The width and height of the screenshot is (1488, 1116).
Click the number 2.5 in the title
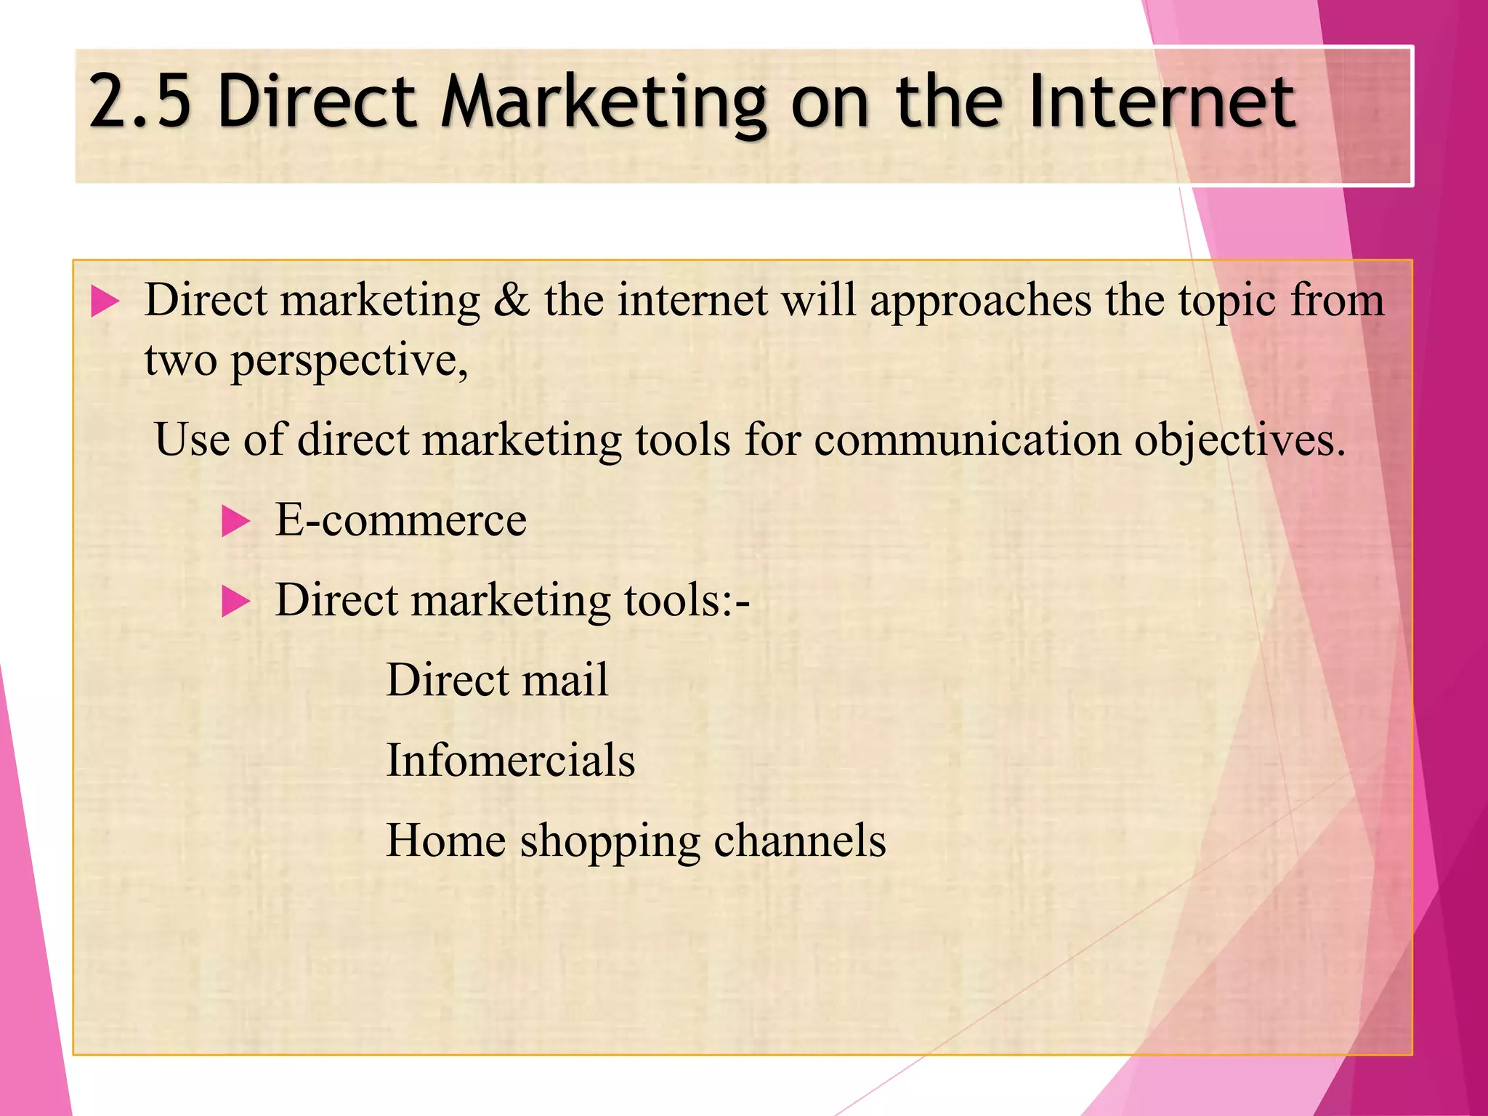click(139, 102)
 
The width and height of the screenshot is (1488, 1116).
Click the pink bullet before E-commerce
click(235, 521)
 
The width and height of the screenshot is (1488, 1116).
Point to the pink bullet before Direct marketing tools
click(235, 601)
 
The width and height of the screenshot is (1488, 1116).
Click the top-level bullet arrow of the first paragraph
click(105, 301)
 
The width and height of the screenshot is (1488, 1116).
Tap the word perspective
click(349, 361)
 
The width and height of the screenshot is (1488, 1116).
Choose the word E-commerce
click(400, 520)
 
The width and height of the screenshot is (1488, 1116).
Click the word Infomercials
click(510, 761)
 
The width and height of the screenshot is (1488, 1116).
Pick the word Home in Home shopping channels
click(445, 841)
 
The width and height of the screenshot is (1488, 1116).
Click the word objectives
click(1240, 441)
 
